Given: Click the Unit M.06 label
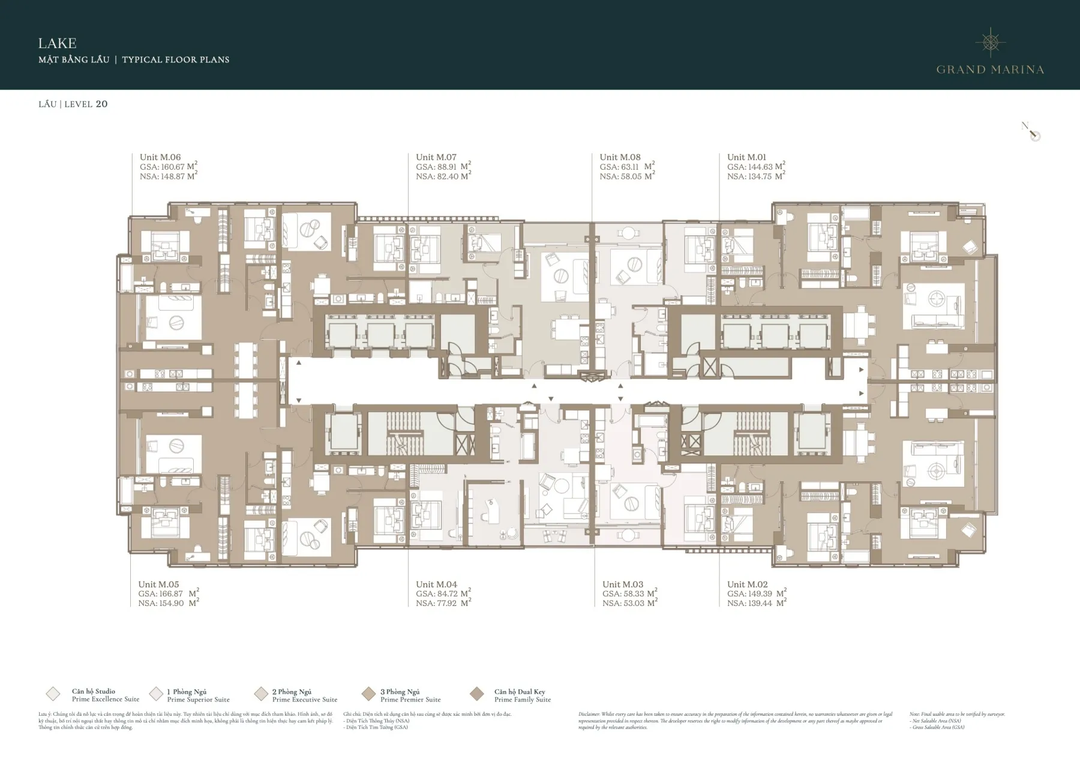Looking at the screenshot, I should tap(160, 157).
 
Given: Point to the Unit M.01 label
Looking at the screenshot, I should tap(746, 157).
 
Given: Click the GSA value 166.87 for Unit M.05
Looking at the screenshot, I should tap(171, 594).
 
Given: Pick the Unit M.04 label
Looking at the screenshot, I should tap(436, 584).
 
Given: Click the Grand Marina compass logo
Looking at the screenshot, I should tap(990, 42).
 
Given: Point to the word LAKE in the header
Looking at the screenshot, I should tap(57, 43).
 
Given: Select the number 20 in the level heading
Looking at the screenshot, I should tap(101, 104).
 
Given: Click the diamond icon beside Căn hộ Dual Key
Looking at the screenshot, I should tap(477, 694).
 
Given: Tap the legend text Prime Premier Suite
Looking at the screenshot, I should tap(410, 700).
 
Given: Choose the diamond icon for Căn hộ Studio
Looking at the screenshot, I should tap(53, 694).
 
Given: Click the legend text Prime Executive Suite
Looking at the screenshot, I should tap(305, 700).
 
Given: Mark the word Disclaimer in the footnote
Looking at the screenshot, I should tap(589, 715).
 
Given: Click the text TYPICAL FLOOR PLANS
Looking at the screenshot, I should tap(175, 59).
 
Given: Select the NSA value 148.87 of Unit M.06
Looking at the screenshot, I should tap(169, 177).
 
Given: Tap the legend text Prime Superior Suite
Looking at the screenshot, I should tap(198, 700).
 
